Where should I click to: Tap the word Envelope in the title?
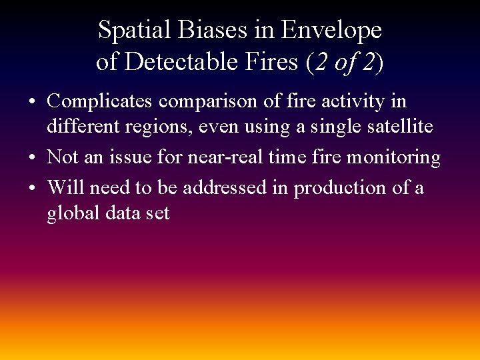coord(331,31)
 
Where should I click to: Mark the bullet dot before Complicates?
coord(32,103)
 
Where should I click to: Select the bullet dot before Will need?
coord(32,189)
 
